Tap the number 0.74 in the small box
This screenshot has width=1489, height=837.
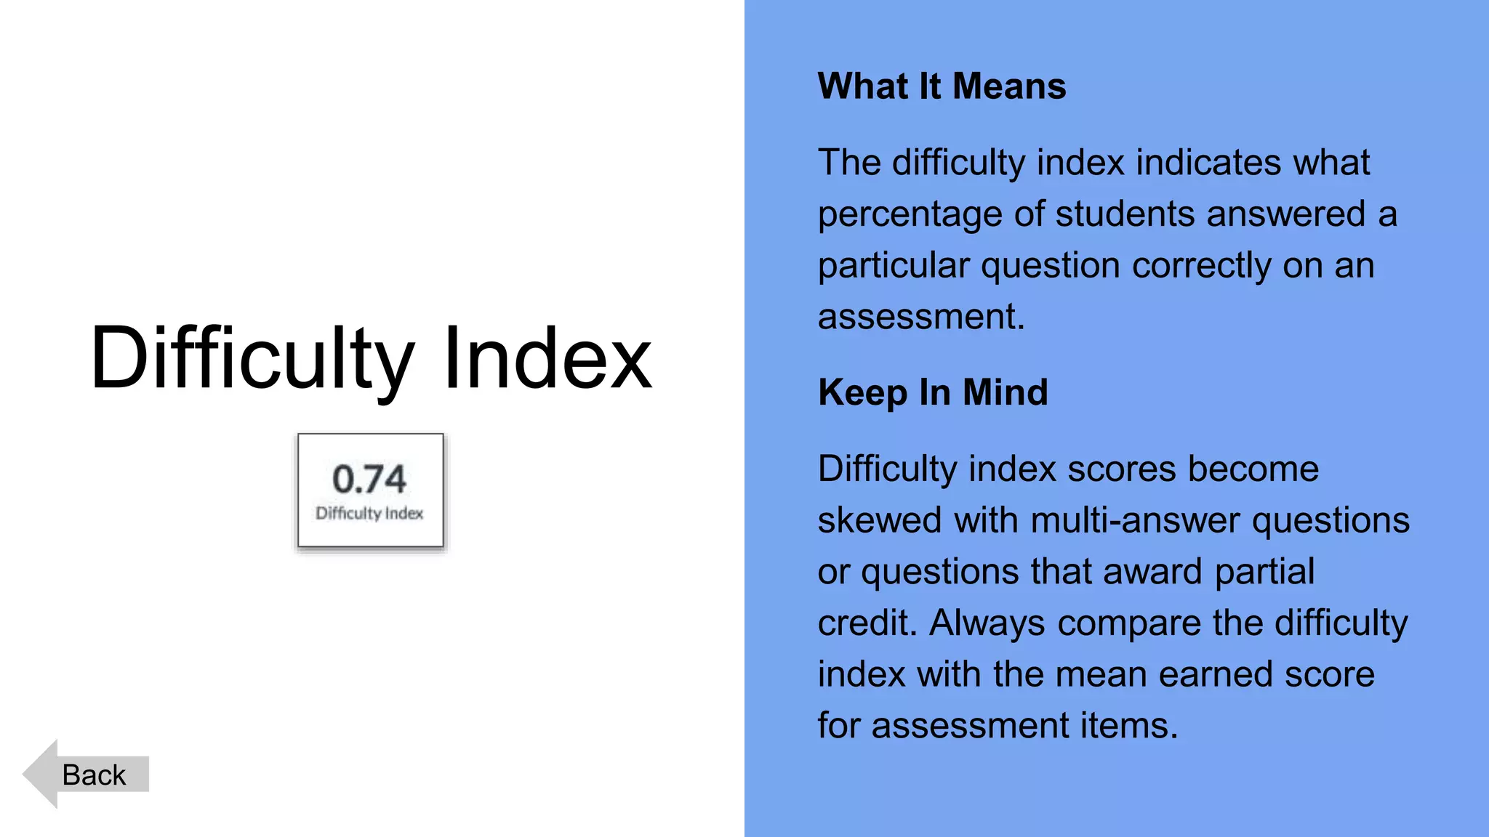click(x=369, y=480)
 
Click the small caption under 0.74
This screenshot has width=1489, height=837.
click(x=369, y=514)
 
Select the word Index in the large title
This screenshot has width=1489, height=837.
click(x=547, y=358)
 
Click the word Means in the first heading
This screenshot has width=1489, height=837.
click(x=1009, y=86)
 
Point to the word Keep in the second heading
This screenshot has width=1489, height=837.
click(x=862, y=393)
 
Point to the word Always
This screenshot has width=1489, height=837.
click(x=987, y=623)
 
